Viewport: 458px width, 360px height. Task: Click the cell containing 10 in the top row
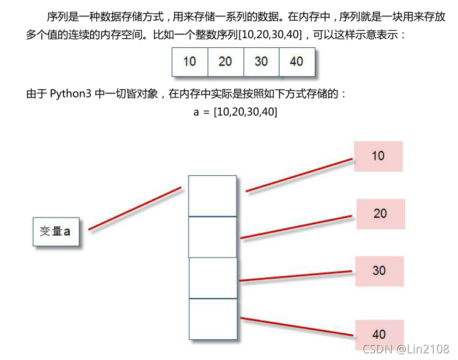coord(190,62)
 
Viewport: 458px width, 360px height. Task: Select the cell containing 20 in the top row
coord(225,62)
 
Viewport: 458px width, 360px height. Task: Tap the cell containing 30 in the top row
coord(261,62)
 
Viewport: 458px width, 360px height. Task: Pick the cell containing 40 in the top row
coord(297,62)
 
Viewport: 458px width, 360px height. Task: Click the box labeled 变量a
coord(56,232)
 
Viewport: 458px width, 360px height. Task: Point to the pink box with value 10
coord(379,156)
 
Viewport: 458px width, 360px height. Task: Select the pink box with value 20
coord(380,213)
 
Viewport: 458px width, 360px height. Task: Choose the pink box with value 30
coord(379,270)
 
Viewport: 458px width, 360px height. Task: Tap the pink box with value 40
coord(379,334)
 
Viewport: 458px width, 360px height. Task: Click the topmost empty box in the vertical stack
coord(212,196)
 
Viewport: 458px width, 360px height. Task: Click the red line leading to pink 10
coord(299,175)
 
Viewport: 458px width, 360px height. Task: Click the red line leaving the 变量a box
coord(135,208)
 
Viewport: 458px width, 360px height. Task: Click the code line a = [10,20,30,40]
coord(235,112)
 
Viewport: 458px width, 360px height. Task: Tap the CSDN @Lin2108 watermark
coord(405,348)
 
